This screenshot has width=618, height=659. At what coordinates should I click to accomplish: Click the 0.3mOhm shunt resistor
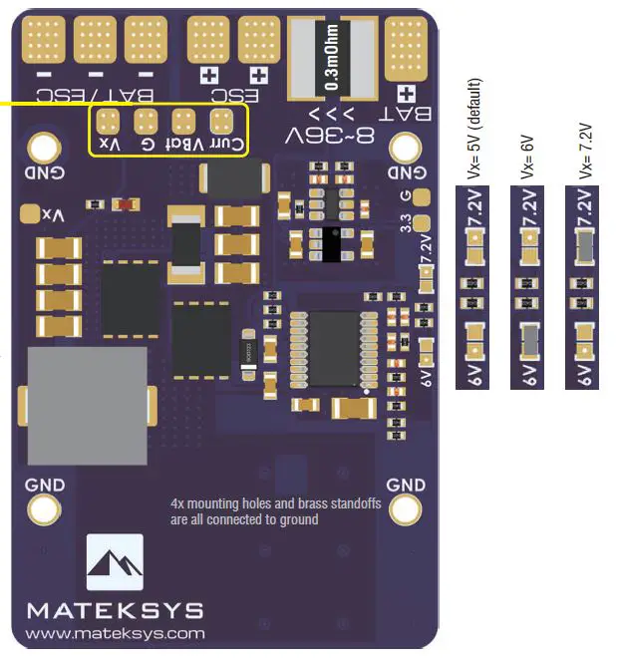328,58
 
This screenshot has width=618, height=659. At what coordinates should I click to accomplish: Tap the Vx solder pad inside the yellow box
108,123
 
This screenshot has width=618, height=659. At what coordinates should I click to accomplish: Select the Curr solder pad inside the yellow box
221,123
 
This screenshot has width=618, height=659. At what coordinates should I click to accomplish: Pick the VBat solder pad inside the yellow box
183,123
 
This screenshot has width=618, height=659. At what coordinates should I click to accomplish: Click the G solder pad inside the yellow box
146,123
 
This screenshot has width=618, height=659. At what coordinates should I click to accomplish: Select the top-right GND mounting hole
406,149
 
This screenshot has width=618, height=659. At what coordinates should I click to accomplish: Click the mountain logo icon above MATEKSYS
115,563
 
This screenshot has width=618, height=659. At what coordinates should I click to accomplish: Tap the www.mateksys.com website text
115,633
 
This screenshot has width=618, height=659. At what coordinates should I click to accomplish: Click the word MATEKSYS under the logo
115,610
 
